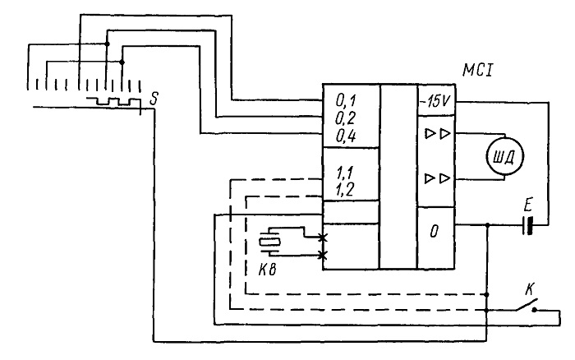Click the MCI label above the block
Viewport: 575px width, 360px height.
478,70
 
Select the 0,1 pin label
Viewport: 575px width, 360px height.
346,100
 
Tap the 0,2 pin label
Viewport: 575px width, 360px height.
346,118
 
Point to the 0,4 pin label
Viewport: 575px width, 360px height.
346,136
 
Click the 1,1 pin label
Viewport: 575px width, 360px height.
345,173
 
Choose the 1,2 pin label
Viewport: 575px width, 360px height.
345,190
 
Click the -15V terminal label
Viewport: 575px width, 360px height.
436,101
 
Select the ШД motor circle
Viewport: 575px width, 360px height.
504,157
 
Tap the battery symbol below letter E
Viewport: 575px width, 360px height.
527,225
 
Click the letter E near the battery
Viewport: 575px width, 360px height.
527,205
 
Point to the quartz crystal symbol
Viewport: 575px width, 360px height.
269,242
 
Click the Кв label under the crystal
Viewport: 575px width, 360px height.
267,270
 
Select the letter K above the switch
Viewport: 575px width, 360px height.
529,289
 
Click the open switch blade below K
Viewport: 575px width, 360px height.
527,305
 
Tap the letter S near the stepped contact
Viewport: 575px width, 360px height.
154,99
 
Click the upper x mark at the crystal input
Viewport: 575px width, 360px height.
322,238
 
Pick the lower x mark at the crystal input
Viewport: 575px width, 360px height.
322,255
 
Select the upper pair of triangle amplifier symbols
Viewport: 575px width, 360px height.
437,134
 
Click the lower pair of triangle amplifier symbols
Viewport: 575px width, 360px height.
437,178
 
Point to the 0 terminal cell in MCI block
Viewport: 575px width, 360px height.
436,238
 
